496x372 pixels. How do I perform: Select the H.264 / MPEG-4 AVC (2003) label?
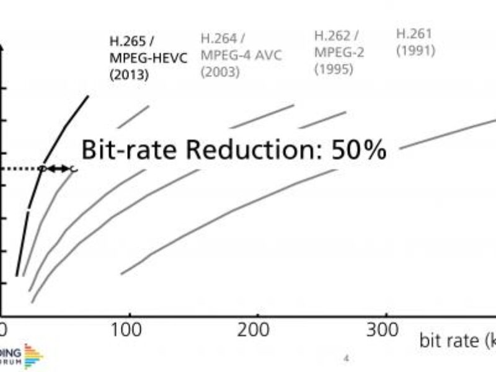pos(241,55)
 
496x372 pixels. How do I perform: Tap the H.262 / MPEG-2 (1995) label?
pos(339,52)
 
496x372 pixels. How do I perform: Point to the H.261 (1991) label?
pos(415,42)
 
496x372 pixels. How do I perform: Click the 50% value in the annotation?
pos(358,150)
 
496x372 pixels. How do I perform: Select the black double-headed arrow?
pos(60,169)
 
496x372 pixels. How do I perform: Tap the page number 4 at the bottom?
pos(346,358)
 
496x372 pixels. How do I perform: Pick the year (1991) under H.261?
pos(415,50)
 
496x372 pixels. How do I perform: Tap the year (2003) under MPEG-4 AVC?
pos(219,73)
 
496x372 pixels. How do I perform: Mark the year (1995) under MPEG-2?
pos(334,69)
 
